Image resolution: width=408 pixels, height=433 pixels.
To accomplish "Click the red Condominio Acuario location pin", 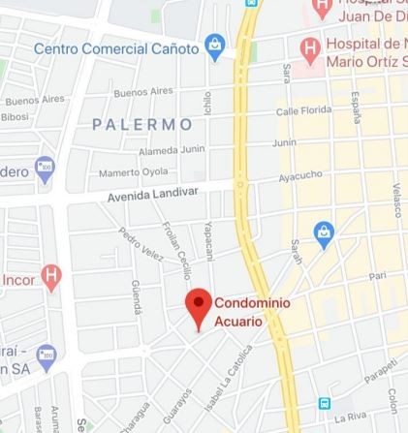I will [x=199, y=307].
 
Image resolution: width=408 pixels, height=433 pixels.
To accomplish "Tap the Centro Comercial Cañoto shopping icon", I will [x=215, y=46].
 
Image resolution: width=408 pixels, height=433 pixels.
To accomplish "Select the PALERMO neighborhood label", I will [x=142, y=124].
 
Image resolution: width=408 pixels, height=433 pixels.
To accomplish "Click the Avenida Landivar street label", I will [x=152, y=194].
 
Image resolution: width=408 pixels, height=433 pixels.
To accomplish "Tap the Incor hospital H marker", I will [x=51, y=277].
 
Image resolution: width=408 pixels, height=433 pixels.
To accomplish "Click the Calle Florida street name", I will [x=303, y=111].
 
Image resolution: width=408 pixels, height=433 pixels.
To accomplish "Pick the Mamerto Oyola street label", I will [x=133, y=172].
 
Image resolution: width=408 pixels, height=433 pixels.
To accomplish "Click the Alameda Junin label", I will [x=172, y=149].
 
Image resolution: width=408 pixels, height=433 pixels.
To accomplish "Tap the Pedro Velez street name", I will [x=141, y=244].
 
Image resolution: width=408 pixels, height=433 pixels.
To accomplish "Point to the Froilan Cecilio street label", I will [x=176, y=249].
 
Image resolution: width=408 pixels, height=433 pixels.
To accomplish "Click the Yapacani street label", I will [x=207, y=240].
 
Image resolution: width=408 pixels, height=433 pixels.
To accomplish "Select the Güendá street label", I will [x=136, y=296].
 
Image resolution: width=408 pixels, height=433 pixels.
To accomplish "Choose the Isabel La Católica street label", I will [x=223, y=379].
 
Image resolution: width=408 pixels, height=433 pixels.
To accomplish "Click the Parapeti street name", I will [x=380, y=371].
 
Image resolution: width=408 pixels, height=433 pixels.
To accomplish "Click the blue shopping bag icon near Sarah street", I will [x=324, y=233].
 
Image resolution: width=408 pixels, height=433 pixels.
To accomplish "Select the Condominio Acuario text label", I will [x=251, y=311].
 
